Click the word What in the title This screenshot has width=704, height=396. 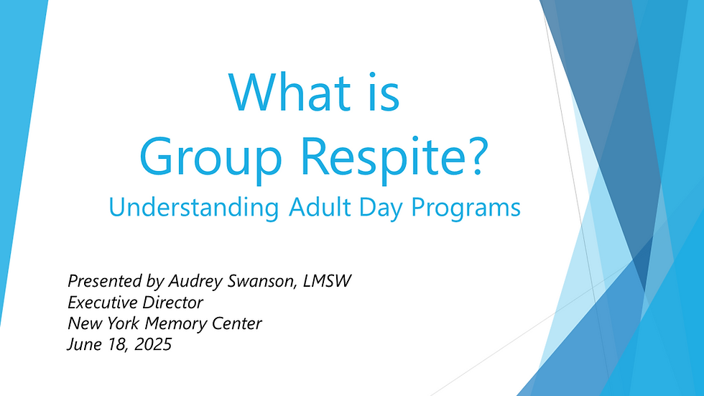[x=290, y=92]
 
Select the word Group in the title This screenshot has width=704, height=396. [x=210, y=157]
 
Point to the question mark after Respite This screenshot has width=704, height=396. [x=478, y=155]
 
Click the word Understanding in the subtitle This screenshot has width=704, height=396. [x=193, y=208]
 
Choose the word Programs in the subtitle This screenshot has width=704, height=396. [x=466, y=208]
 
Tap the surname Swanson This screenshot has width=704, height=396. [x=263, y=282]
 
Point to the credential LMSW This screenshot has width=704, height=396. [x=327, y=281]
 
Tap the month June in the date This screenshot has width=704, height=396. [x=85, y=344]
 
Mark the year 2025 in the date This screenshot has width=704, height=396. [x=153, y=344]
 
